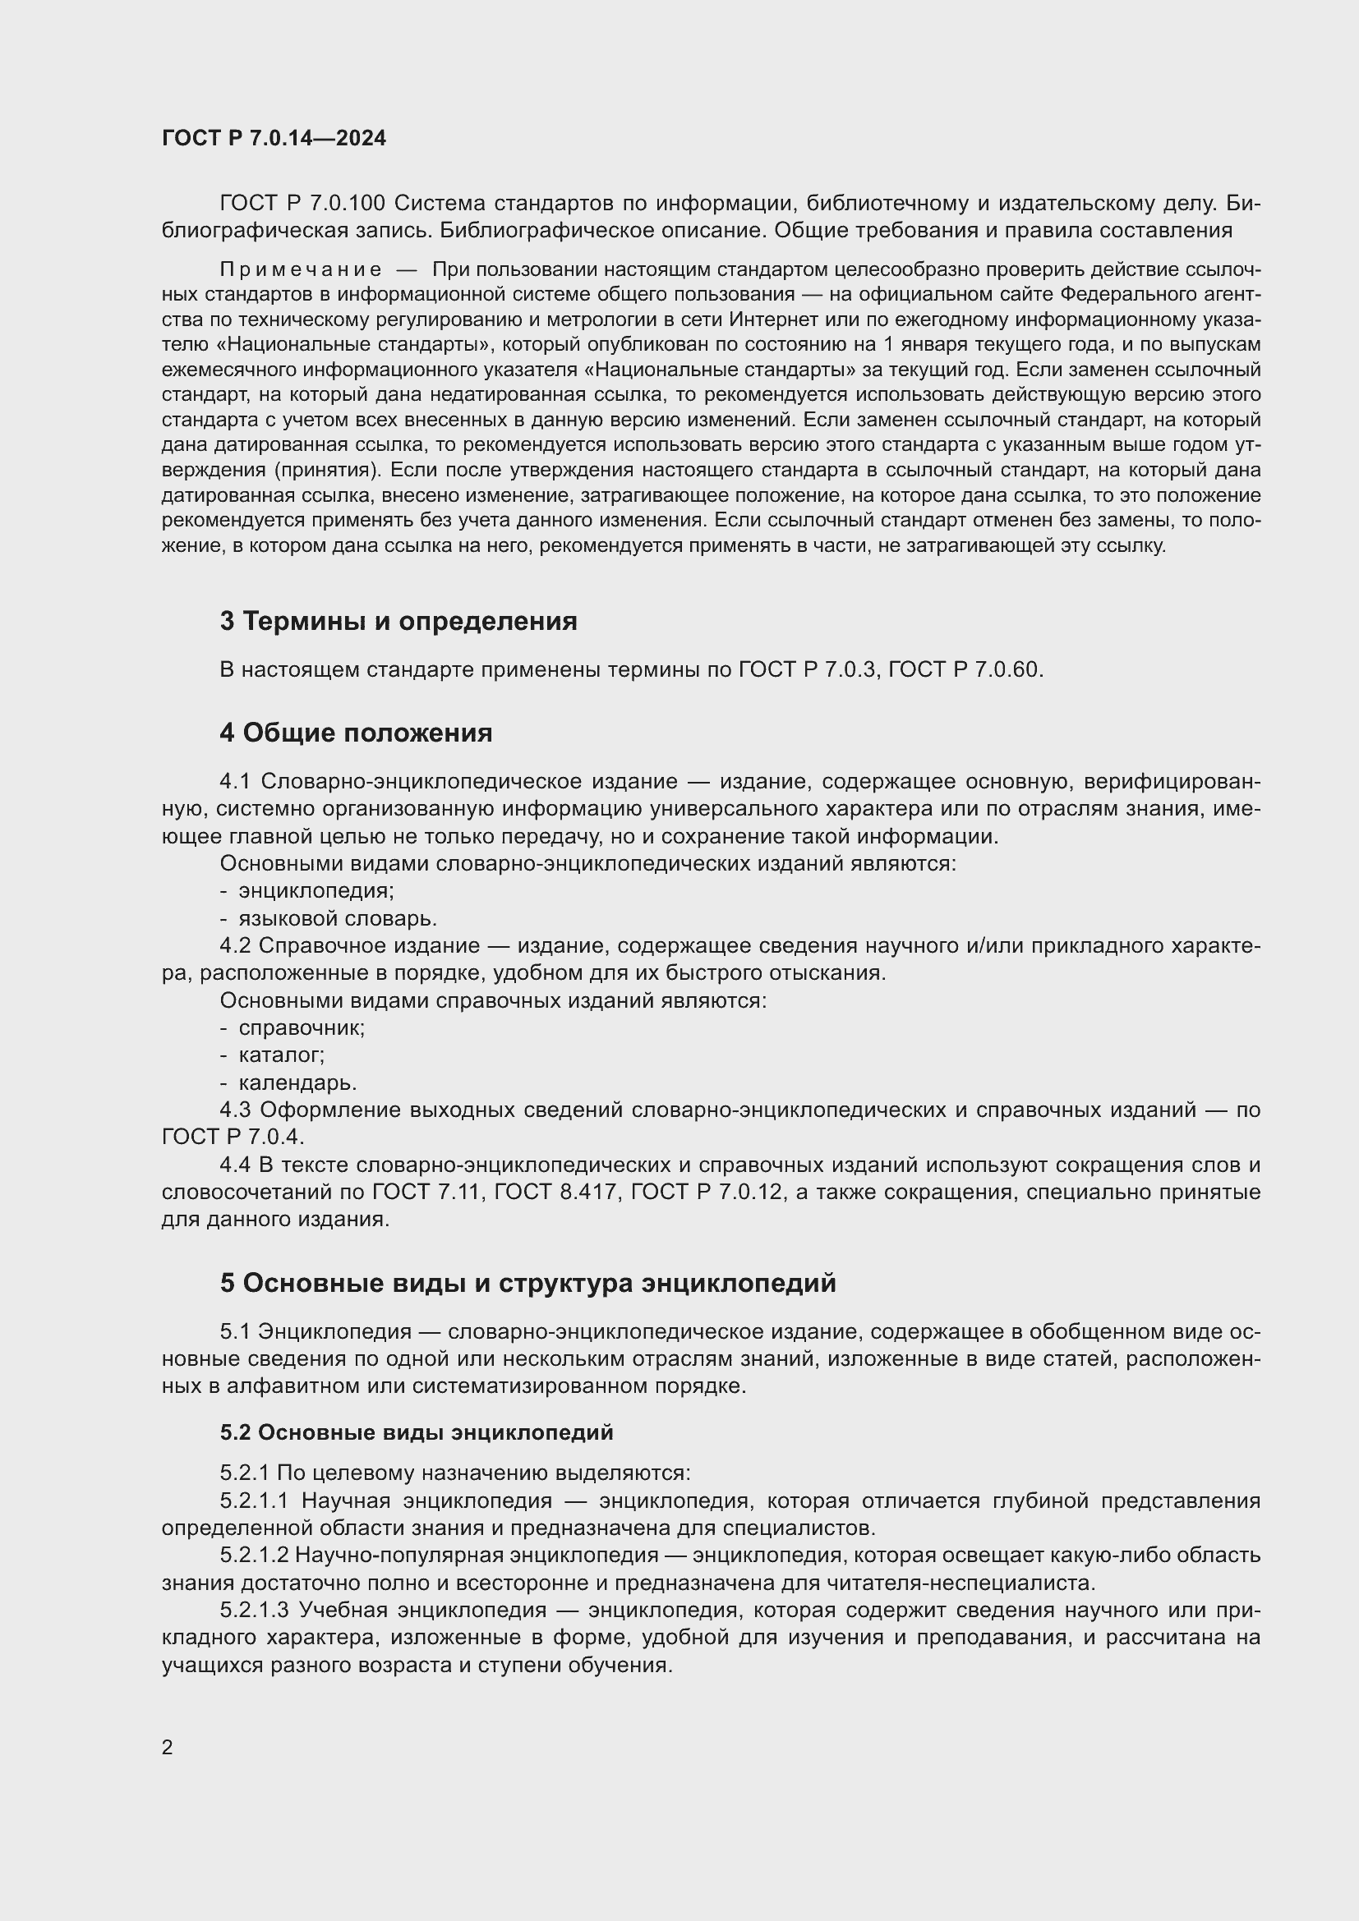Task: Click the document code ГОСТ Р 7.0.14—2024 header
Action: click(x=274, y=139)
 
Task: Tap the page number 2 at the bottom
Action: click(x=168, y=1747)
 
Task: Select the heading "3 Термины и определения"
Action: click(x=398, y=622)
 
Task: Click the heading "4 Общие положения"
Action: click(x=356, y=733)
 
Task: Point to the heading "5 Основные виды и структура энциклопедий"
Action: click(x=528, y=1284)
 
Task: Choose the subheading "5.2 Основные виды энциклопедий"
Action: click(x=417, y=1432)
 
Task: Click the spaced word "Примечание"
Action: click(x=301, y=269)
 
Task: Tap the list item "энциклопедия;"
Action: click(x=316, y=890)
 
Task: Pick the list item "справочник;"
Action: click(x=302, y=1027)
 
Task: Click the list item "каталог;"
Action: click(x=281, y=1055)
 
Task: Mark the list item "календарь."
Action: click(x=298, y=1082)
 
